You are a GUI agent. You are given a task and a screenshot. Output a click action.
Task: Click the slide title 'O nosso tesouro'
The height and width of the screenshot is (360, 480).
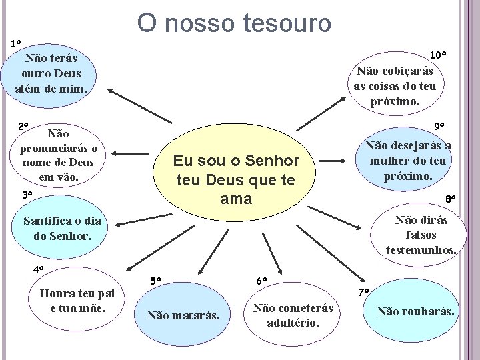pyautogui.click(x=234, y=23)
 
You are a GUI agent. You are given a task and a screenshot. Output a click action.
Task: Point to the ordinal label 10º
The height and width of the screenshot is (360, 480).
pyautogui.click(x=438, y=54)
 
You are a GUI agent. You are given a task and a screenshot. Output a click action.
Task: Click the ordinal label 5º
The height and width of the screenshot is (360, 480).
pyautogui.click(x=155, y=281)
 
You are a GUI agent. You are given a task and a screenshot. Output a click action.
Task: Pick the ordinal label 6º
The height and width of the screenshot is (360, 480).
pyautogui.click(x=261, y=281)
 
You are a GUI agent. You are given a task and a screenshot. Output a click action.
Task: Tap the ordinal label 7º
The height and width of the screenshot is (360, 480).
pyautogui.click(x=363, y=293)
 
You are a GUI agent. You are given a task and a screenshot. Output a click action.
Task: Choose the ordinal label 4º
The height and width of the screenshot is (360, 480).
pyautogui.click(x=39, y=270)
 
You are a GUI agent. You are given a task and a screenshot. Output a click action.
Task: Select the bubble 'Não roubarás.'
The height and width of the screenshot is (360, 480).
pyautogui.click(x=416, y=311)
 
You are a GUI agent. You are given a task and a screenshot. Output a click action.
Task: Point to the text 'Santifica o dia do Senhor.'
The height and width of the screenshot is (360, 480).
pyautogui.click(x=61, y=228)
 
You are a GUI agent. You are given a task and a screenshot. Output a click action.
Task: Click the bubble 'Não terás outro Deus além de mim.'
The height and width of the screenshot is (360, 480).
pyautogui.click(x=51, y=73)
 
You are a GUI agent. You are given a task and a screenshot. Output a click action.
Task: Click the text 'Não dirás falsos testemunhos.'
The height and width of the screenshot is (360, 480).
pyautogui.click(x=421, y=235)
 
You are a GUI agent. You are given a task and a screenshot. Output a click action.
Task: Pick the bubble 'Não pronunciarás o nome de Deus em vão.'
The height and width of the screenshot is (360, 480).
pyautogui.click(x=59, y=155)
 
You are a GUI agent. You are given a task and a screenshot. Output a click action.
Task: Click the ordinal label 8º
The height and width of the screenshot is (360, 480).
pyautogui.click(x=451, y=198)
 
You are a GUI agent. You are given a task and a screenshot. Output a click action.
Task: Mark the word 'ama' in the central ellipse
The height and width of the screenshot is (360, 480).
pyautogui.click(x=235, y=199)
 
